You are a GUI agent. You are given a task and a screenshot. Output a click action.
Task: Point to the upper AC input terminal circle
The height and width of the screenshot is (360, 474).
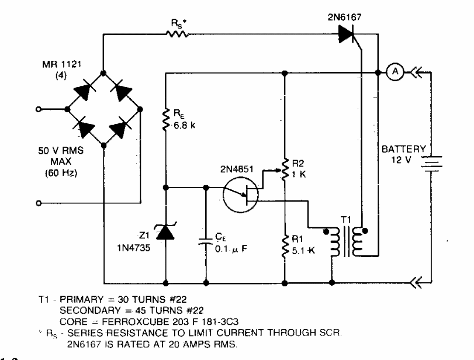(39, 109)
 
